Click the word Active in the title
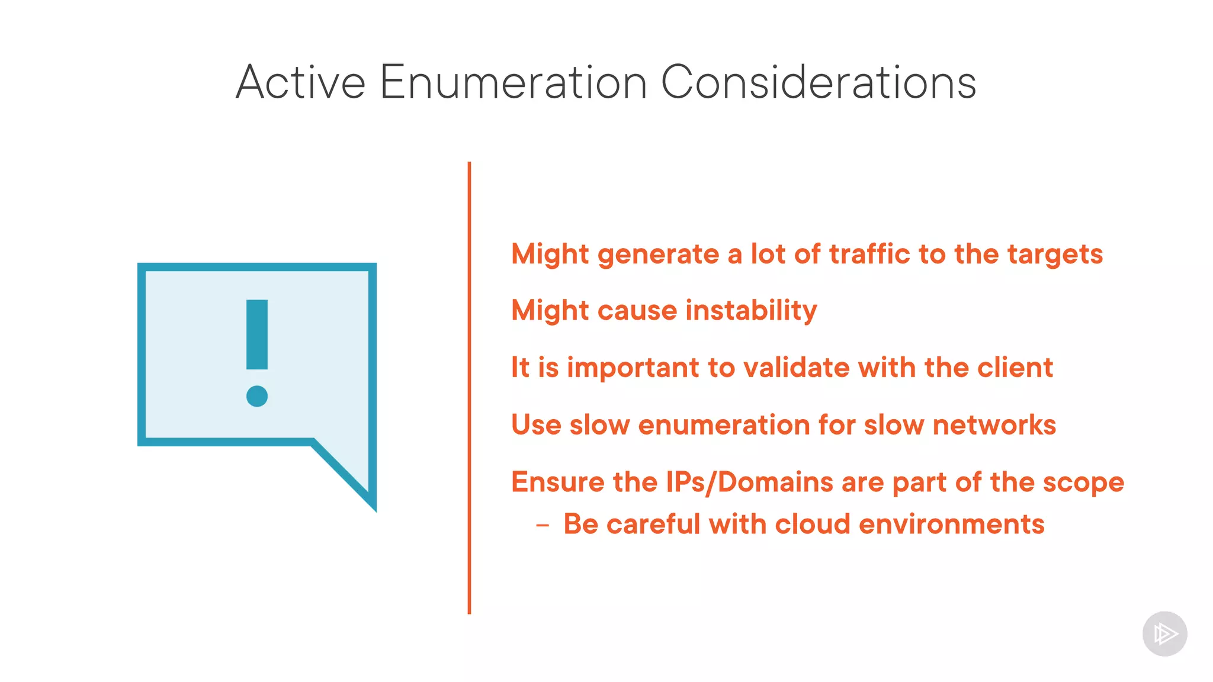(x=300, y=82)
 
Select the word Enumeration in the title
(x=513, y=82)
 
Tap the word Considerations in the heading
(x=818, y=82)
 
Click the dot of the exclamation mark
(x=257, y=396)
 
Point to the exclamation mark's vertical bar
(x=257, y=334)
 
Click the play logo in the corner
(x=1164, y=634)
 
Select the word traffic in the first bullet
(x=869, y=254)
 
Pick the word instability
(x=751, y=310)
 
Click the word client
(x=1015, y=368)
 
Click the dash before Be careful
(x=542, y=525)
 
